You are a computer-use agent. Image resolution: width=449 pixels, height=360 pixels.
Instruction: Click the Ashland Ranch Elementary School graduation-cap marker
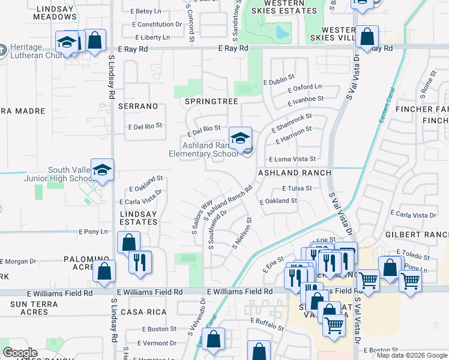(x=240, y=139)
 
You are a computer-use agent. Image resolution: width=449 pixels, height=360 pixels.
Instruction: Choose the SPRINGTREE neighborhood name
(x=211, y=101)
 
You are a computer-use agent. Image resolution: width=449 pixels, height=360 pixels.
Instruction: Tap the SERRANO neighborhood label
(x=139, y=106)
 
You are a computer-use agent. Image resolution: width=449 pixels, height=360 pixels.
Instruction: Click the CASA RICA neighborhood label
(x=139, y=312)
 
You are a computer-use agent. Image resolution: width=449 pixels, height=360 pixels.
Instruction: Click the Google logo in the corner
(x=19, y=353)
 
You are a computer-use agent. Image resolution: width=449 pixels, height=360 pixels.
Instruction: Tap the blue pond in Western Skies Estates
(x=280, y=31)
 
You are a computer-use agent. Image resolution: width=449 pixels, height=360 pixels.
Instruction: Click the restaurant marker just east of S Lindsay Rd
(x=140, y=263)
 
